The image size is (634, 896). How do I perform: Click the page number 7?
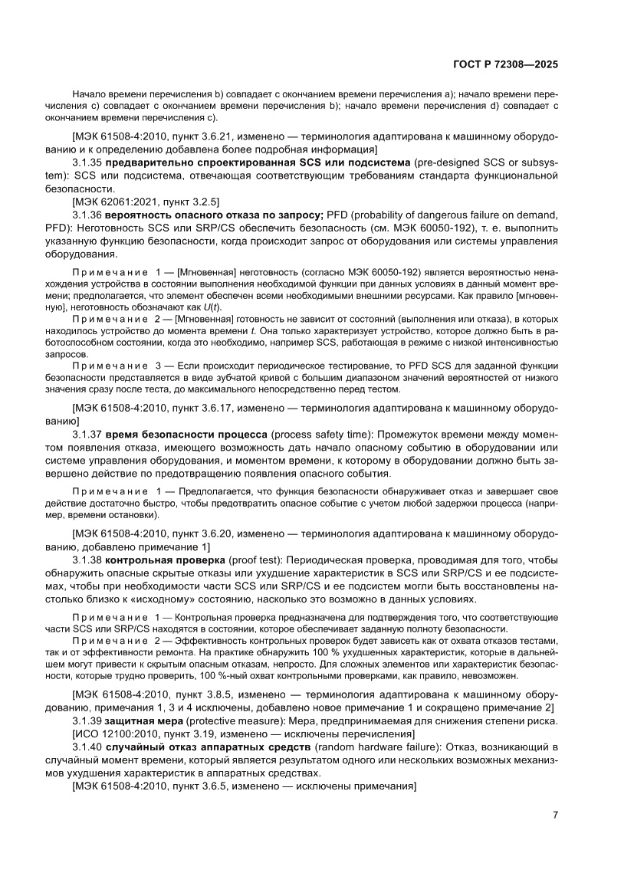(555, 815)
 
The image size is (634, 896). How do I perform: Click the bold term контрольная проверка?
(163, 560)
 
